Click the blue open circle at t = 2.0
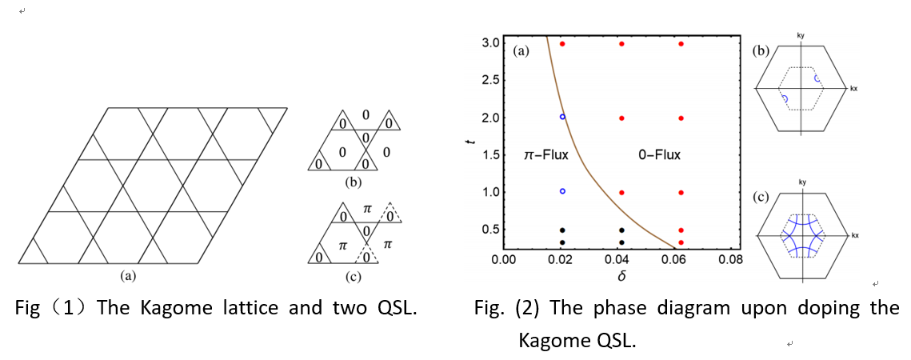[562, 117]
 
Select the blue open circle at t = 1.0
[562, 192]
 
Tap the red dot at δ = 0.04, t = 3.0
[621, 43]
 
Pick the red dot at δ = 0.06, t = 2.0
[681, 118]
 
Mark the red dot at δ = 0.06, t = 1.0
[681, 193]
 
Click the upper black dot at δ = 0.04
[621, 230]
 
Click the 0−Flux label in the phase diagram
[659, 154]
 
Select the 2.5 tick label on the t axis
[490, 80]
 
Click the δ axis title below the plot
[621, 276]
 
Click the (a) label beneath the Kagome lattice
[126, 275]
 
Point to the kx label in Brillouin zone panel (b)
[854, 87]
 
